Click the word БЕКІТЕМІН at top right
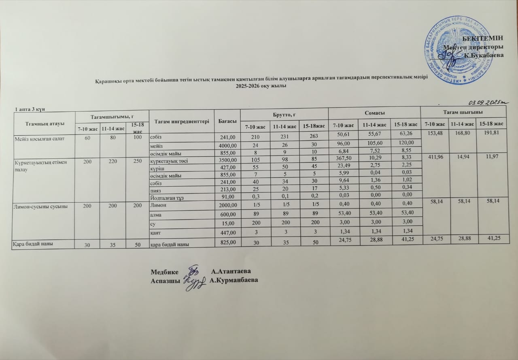(x=484, y=38)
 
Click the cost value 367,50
(x=344, y=161)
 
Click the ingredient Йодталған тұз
(x=170, y=198)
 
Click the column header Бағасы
(x=227, y=121)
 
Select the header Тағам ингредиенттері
(x=181, y=121)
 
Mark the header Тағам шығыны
(x=468, y=112)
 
